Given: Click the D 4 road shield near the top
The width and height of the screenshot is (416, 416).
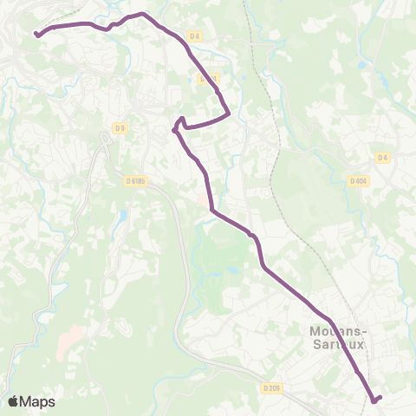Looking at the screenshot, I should pos(194,36).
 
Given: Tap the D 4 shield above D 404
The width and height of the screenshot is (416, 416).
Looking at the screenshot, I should pos(382,157).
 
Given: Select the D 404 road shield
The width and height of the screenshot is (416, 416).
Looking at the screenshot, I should pos(359,181).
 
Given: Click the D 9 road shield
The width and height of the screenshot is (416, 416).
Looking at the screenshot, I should pos(120,129).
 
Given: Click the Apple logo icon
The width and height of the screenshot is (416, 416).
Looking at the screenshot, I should pos(13,401).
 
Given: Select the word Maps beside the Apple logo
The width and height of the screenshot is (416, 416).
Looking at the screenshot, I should pos(37,401).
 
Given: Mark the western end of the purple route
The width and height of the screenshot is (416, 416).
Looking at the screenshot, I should pos(36,34).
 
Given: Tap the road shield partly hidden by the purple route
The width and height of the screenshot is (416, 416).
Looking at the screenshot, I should pos(206,78).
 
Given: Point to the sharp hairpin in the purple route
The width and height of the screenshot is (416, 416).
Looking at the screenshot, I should pos(176,130).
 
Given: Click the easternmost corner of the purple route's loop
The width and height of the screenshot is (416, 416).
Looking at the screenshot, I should pos(228,113).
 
